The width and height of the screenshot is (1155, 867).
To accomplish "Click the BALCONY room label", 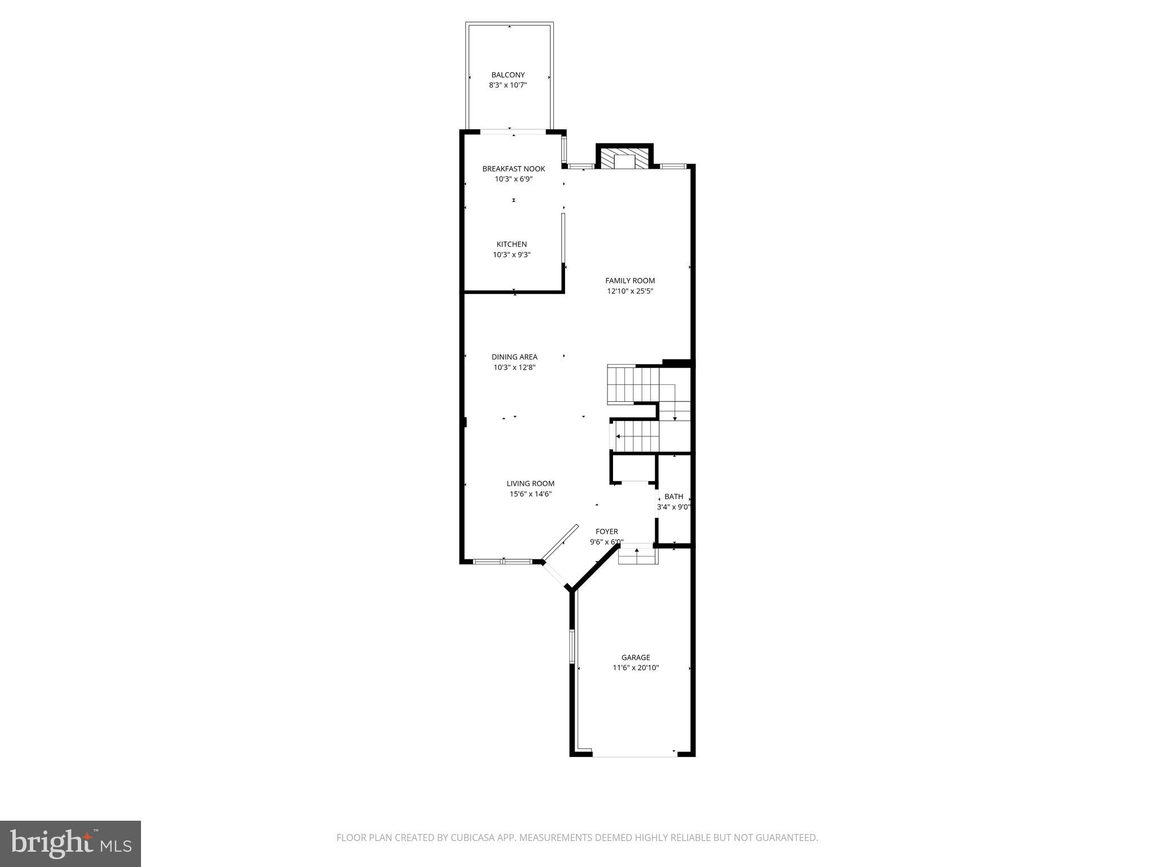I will (x=508, y=75).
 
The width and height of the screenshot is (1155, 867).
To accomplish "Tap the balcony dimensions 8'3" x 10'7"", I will (x=508, y=85).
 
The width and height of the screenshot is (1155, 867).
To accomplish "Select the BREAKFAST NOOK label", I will (x=513, y=169).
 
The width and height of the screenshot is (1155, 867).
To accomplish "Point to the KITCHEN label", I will (x=512, y=244).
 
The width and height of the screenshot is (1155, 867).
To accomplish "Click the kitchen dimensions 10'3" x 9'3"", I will (x=512, y=255).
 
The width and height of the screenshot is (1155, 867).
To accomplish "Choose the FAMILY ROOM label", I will (x=630, y=281).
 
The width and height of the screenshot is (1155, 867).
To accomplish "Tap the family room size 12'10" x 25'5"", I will (x=630, y=291).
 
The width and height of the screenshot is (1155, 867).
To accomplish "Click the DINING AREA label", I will (x=514, y=357).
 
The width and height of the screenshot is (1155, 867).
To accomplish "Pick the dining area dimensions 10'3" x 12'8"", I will (x=514, y=367).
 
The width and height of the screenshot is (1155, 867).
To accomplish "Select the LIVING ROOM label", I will (x=530, y=483).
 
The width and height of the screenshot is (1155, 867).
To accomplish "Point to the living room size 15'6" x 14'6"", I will (x=530, y=494).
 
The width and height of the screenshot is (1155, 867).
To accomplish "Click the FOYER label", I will (x=607, y=531).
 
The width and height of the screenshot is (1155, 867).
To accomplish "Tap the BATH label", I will (x=673, y=497).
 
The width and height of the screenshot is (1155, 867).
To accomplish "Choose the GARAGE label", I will (x=636, y=657).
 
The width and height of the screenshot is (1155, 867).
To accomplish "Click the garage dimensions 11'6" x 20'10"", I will (x=636, y=668).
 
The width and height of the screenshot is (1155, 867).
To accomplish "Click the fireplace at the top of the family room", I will (x=624, y=159).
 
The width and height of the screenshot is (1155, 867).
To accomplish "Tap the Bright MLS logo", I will (x=70, y=844).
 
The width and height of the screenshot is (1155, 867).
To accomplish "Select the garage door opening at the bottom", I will (x=634, y=755).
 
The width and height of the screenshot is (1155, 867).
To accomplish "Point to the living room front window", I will (x=502, y=562).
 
